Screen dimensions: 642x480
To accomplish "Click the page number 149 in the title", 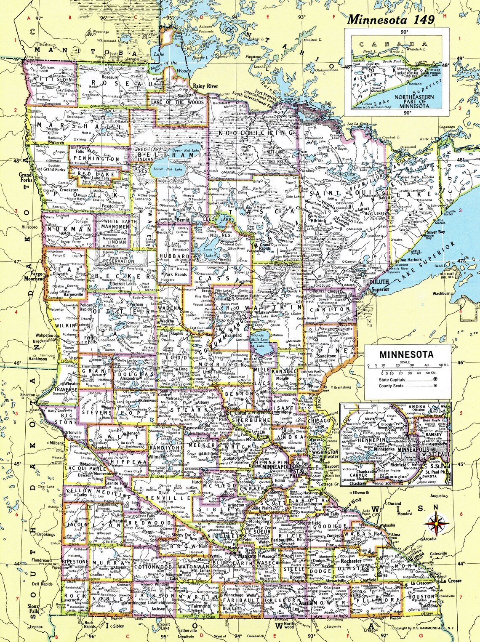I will click(x=424, y=19).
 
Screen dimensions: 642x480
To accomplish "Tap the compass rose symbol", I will click(x=436, y=524).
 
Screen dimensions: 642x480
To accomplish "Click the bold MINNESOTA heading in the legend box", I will click(x=406, y=354).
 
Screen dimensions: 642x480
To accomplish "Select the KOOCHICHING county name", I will click(x=256, y=133).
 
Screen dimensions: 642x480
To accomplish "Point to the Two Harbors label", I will click(x=410, y=260).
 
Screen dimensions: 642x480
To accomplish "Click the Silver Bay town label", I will click(x=436, y=232).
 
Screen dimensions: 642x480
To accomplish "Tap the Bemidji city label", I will click(x=183, y=220).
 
